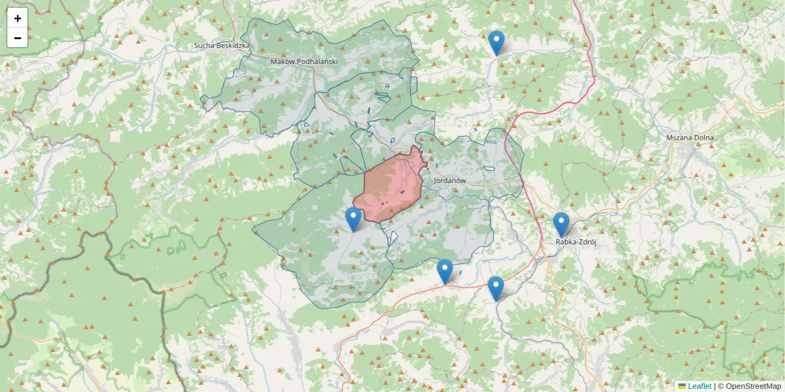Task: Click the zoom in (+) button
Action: (x=18, y=18)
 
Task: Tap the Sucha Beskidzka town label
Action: (x=222, y=46)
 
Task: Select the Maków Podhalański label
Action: (x=304, y=61)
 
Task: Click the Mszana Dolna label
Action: (x=690, y=138)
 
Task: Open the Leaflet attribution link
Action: (x=699, y=386)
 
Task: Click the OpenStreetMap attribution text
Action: (x=753, y=386)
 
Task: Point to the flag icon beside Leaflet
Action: (x=682, y=386)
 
